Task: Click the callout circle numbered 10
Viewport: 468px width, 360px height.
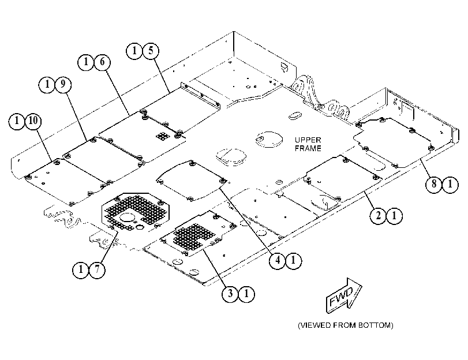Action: (33, 121)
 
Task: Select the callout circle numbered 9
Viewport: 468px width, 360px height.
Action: (63, 84)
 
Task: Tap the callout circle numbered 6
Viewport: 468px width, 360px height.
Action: (102, 62)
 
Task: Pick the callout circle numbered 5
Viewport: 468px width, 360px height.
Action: (151, 50)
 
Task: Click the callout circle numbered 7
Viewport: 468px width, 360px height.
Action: (97, 270)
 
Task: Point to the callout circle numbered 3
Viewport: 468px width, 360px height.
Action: (230, 294)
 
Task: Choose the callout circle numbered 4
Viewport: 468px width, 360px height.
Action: (278, 261)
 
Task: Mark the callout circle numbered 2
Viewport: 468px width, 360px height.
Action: (378, 215)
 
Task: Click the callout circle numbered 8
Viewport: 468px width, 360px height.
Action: (434, 184)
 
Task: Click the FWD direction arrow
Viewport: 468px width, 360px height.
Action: (343, 295)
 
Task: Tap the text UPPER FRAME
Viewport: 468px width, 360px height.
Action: (308, 144)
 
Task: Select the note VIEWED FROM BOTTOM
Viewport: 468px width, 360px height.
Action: (345, 325)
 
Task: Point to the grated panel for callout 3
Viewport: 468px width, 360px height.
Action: (199, 234)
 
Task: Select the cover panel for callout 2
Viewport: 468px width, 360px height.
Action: (343, 178)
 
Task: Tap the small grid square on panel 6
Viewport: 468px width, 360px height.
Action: (163, 136)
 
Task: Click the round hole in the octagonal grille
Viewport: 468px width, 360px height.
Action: (128, 217)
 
